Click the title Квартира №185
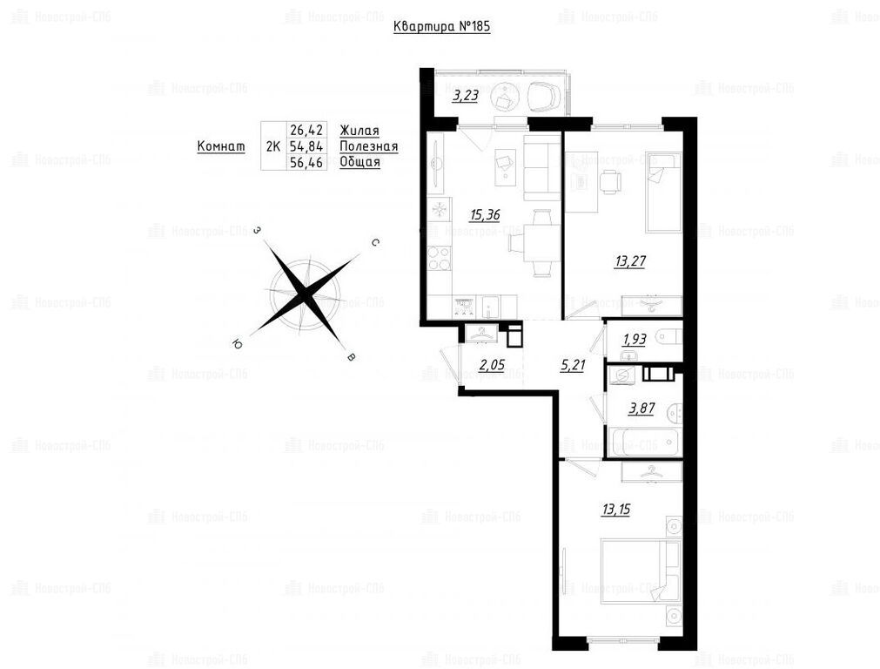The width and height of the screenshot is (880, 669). [441, 26]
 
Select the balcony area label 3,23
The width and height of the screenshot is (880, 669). [466, 96]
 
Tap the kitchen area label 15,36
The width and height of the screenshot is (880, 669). [485, 215]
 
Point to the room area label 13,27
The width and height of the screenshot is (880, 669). [630, 261]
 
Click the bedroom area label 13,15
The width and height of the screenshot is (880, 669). [615, 510]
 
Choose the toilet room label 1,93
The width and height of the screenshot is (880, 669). [635, 339]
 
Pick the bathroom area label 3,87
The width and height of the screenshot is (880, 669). [642, 409]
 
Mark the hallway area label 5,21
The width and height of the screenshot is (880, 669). [573, 366]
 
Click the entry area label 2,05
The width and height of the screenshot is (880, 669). [492, 366]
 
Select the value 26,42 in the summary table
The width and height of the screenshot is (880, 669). [306, 131]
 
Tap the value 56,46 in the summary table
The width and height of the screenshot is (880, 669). [306, 162]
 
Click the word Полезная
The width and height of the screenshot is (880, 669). [369, 146]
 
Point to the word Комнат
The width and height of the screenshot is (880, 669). [221, 146]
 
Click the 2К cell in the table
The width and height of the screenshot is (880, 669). [272, 146]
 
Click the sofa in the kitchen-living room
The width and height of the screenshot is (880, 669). [542, 167]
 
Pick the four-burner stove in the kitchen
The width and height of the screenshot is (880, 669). [439, 259]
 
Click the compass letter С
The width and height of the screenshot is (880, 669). [375, 243]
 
